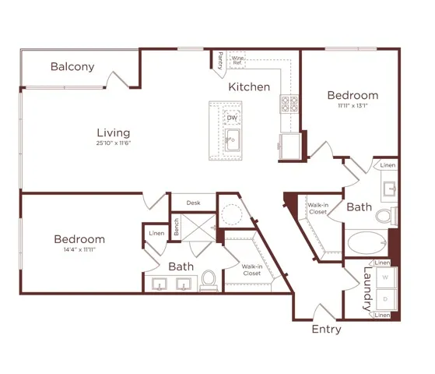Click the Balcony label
click(72, 67)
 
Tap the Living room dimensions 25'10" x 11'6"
click(114, 143)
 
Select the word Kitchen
click(249, 87)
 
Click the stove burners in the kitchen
click(289, 104)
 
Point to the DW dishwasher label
click(232, 118)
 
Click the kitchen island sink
click(233, 140)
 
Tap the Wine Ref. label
click(237, 60)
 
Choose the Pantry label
click(220, 60)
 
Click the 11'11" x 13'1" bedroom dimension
click(353, 106)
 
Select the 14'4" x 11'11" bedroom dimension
click(79, 249)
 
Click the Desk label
click(193, 203)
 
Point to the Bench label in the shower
click(176, 227)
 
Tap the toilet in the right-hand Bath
click(387, 216)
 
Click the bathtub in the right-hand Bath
click(367, 242)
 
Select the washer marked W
click(386, 277)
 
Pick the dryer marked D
click(386, 299)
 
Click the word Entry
click(327, 330)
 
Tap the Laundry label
click(367, 289)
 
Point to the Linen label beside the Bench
click(156, 234)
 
